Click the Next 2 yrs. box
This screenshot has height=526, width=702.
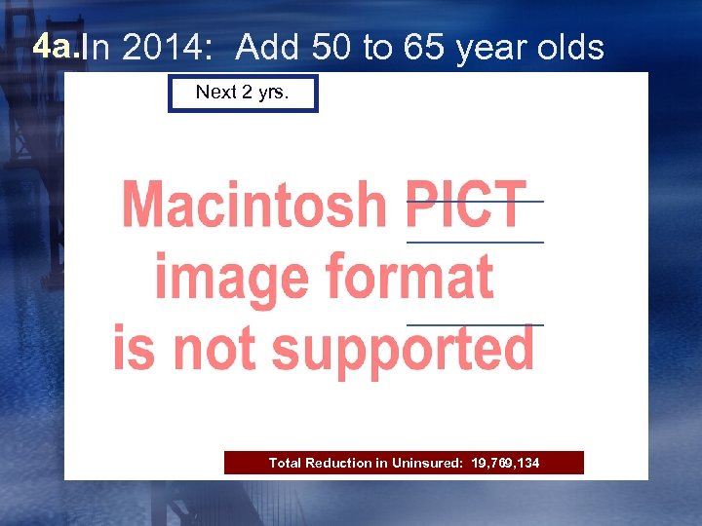243,93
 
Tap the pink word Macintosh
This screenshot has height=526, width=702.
253,205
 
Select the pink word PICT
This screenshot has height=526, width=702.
466,205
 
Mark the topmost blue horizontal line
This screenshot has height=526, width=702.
475,201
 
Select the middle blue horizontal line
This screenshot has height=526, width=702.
475,242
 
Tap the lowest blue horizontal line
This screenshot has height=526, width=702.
475,324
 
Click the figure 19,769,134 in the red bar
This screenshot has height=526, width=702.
504,463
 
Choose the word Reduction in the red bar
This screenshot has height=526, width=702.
338,463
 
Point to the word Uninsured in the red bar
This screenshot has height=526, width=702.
425,463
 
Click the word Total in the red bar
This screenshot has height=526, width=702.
285,463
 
